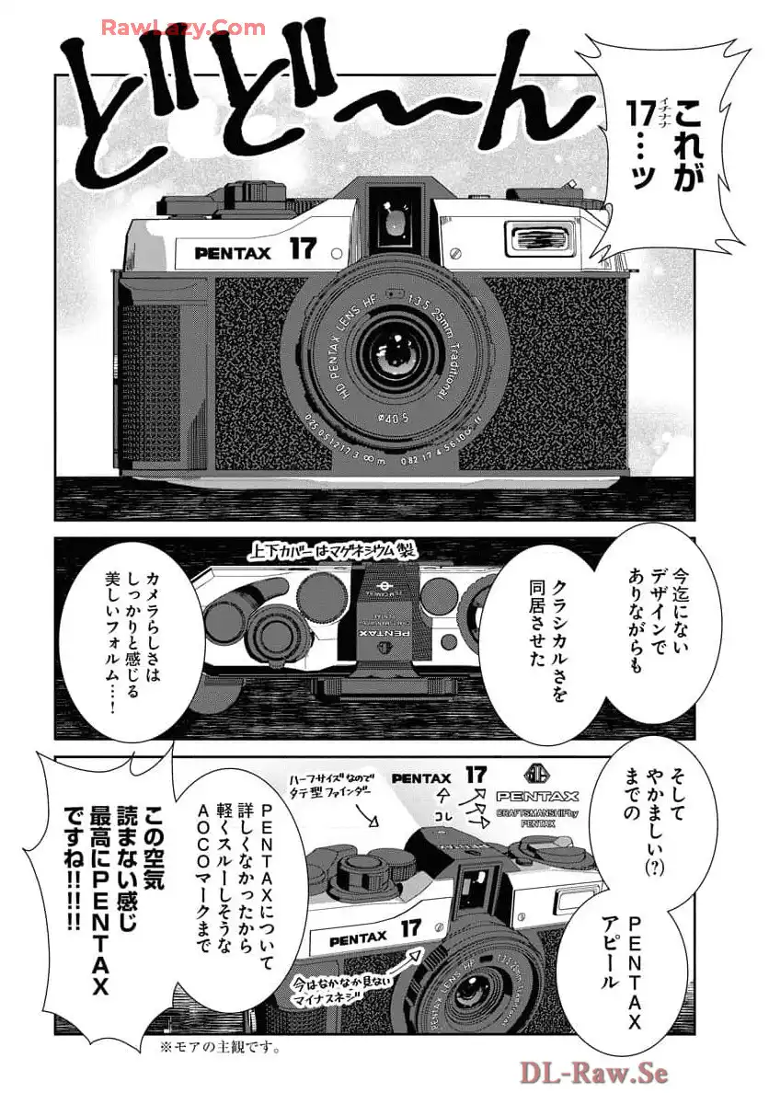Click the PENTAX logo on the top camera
(233, 252)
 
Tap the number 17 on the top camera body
(303, 248)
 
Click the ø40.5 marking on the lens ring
(394, 416)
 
